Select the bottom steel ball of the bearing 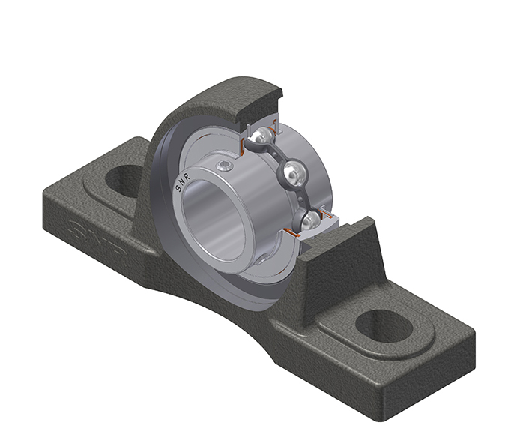(310, 220)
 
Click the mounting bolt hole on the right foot (384, 326)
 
